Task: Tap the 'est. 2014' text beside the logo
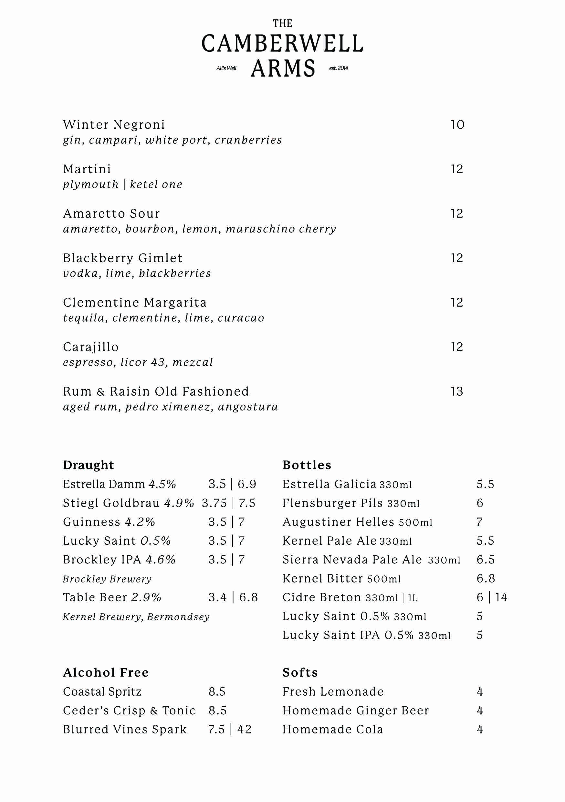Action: pos(338,68)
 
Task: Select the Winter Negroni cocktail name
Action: pos(114,125)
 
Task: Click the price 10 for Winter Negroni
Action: pos(457,125)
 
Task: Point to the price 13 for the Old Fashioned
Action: pos(456,391)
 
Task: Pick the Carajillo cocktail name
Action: pos(91,347)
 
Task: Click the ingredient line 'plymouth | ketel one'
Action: pos(122,185)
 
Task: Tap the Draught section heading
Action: pos(88,465)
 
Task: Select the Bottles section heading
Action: pos(307,465)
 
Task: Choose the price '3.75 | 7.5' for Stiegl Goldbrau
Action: pos(229,503)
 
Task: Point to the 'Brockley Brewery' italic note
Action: pos(107,579)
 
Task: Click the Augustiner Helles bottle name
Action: pos(338,522)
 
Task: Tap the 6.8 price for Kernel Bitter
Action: pos(486,578)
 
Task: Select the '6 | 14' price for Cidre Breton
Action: pos(492,597)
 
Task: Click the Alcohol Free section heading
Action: pos(106,672)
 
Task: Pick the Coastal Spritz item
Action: pos(102,692)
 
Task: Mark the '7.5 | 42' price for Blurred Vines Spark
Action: pos(230,729)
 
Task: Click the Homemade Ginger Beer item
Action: pos(356,711)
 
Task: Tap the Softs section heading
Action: pos(300,672)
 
